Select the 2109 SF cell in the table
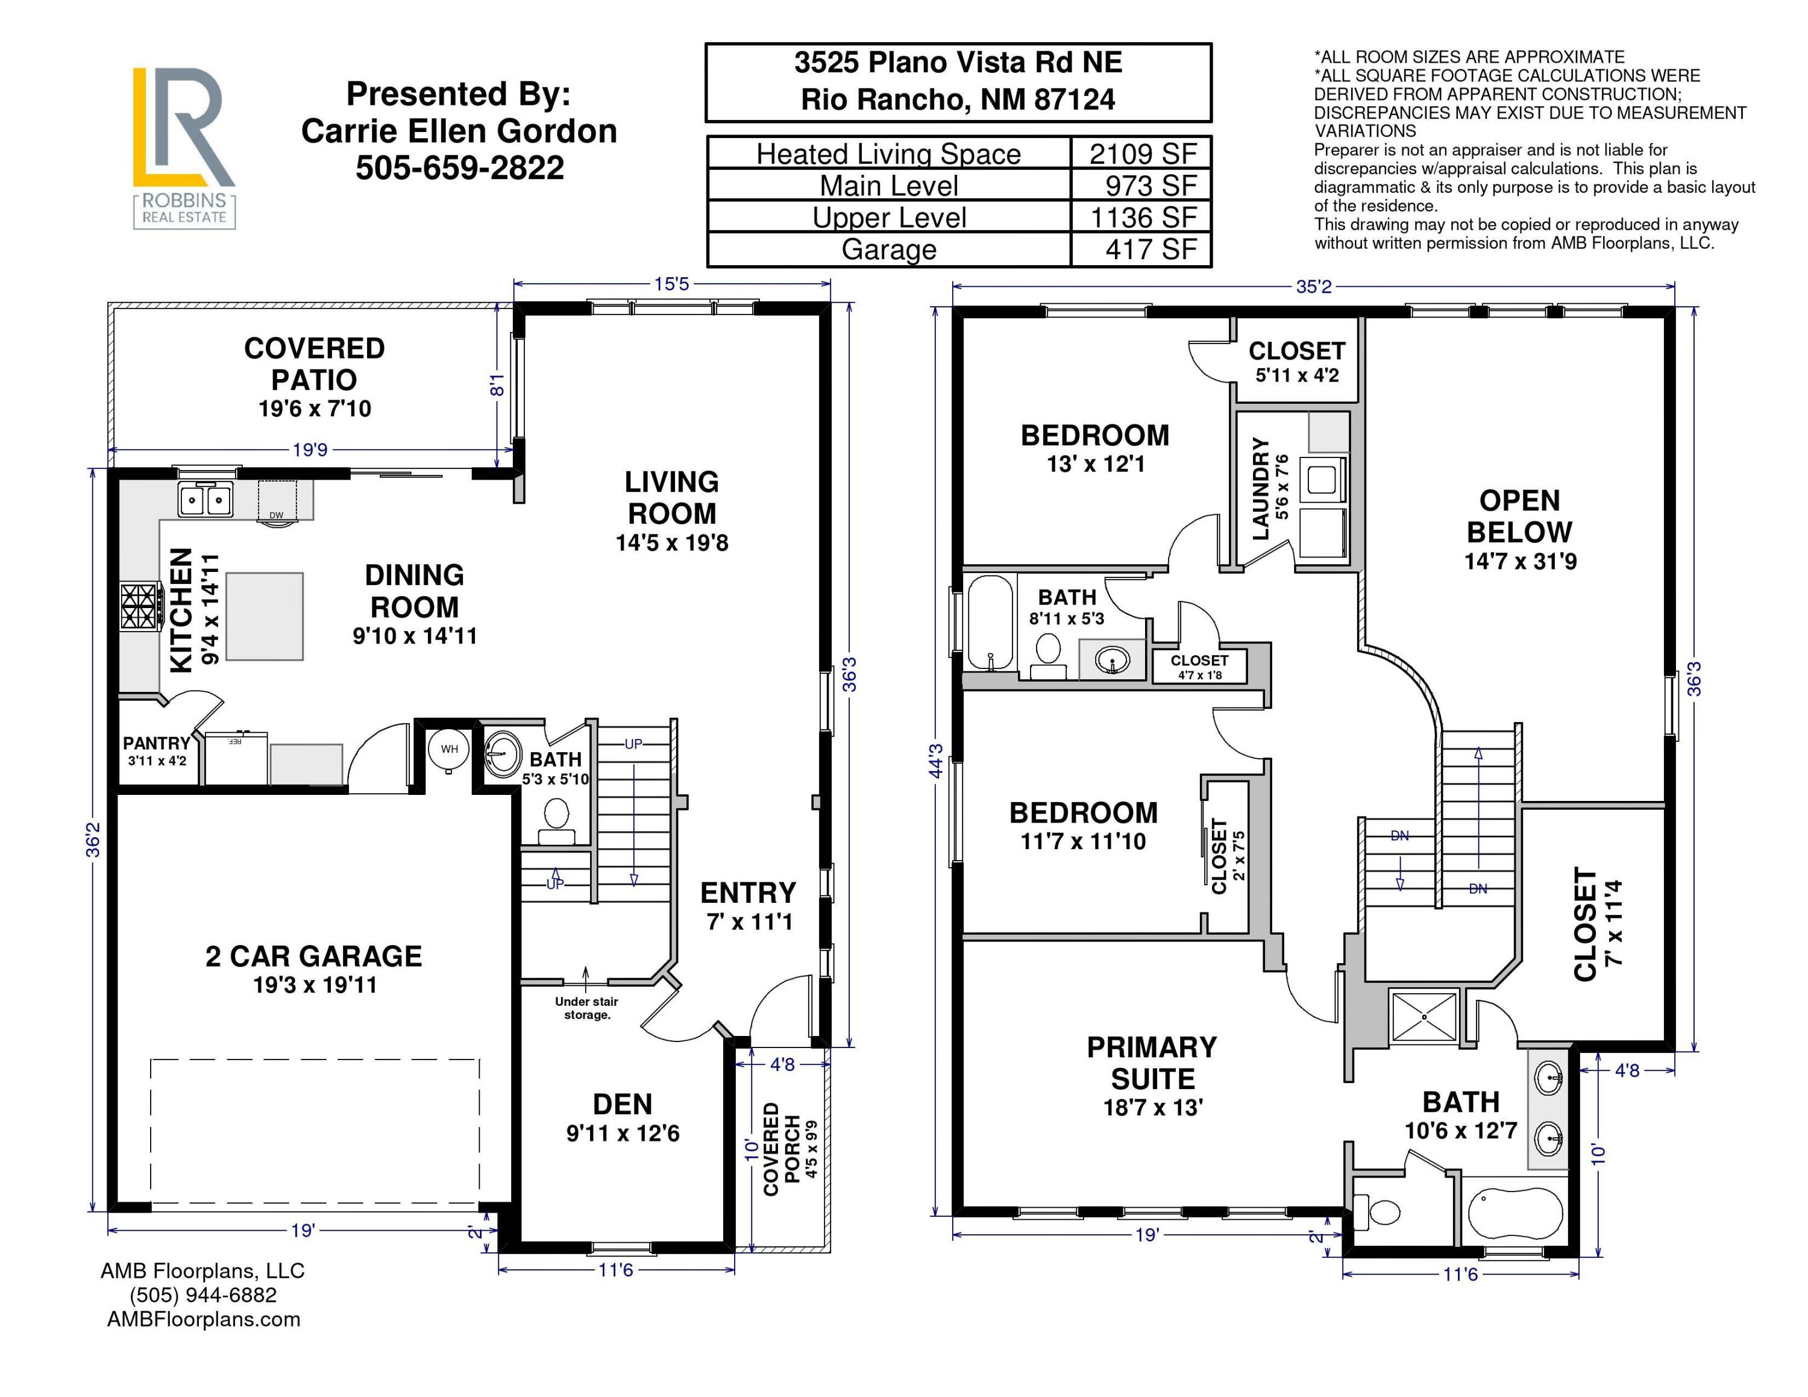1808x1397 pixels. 1143,154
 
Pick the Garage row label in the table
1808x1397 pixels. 889,249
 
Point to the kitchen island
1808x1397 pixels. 265,616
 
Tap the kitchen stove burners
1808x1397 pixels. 140,607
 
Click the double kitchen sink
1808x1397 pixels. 206,500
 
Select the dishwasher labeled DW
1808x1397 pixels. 277,501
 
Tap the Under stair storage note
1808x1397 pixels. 586,1008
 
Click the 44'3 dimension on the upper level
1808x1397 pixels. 937,761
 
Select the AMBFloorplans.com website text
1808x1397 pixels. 204,1319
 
